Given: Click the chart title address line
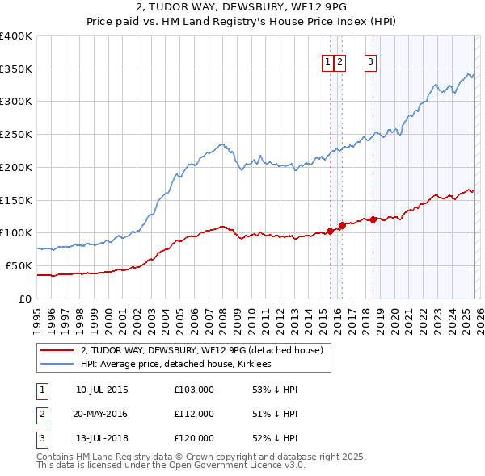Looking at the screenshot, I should click(242, 7).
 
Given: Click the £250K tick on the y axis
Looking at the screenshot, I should click(16, 134).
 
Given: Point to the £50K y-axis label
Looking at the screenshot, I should click(19, 265).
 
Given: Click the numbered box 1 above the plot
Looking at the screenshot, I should click(328, 62).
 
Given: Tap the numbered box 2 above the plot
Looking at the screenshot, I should click(340, 62).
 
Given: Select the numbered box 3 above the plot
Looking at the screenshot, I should click(371, 62).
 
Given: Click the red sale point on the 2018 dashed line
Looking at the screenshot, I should click(373, 219).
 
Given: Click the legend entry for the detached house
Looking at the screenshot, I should click(202, 350).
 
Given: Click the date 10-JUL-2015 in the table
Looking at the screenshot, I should click(102, 390).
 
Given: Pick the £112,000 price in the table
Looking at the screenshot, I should click(194, 414).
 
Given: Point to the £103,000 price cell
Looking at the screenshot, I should click(194, 390).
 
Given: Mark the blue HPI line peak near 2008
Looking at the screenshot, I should click(221, 144).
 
